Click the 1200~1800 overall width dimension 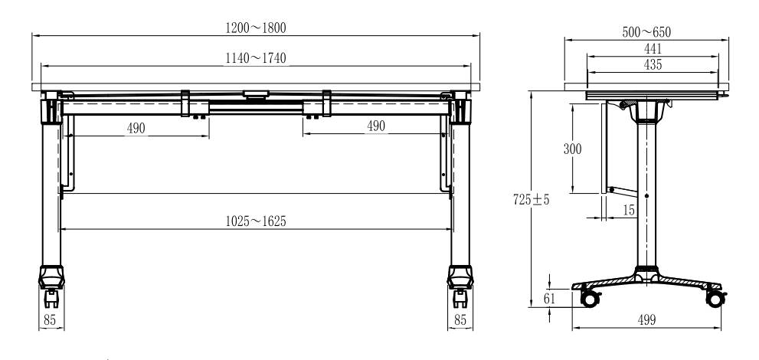click(256, 28)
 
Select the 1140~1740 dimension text click(256, 58)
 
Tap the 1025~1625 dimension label click(256, 221)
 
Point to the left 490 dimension click(136, 128)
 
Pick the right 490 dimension click(376, 126)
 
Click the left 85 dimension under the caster click(50, 320)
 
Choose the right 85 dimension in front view click(460, 320)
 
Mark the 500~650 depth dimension click(646, 32)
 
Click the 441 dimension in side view click(653, 48)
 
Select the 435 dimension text click(653, 64)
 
